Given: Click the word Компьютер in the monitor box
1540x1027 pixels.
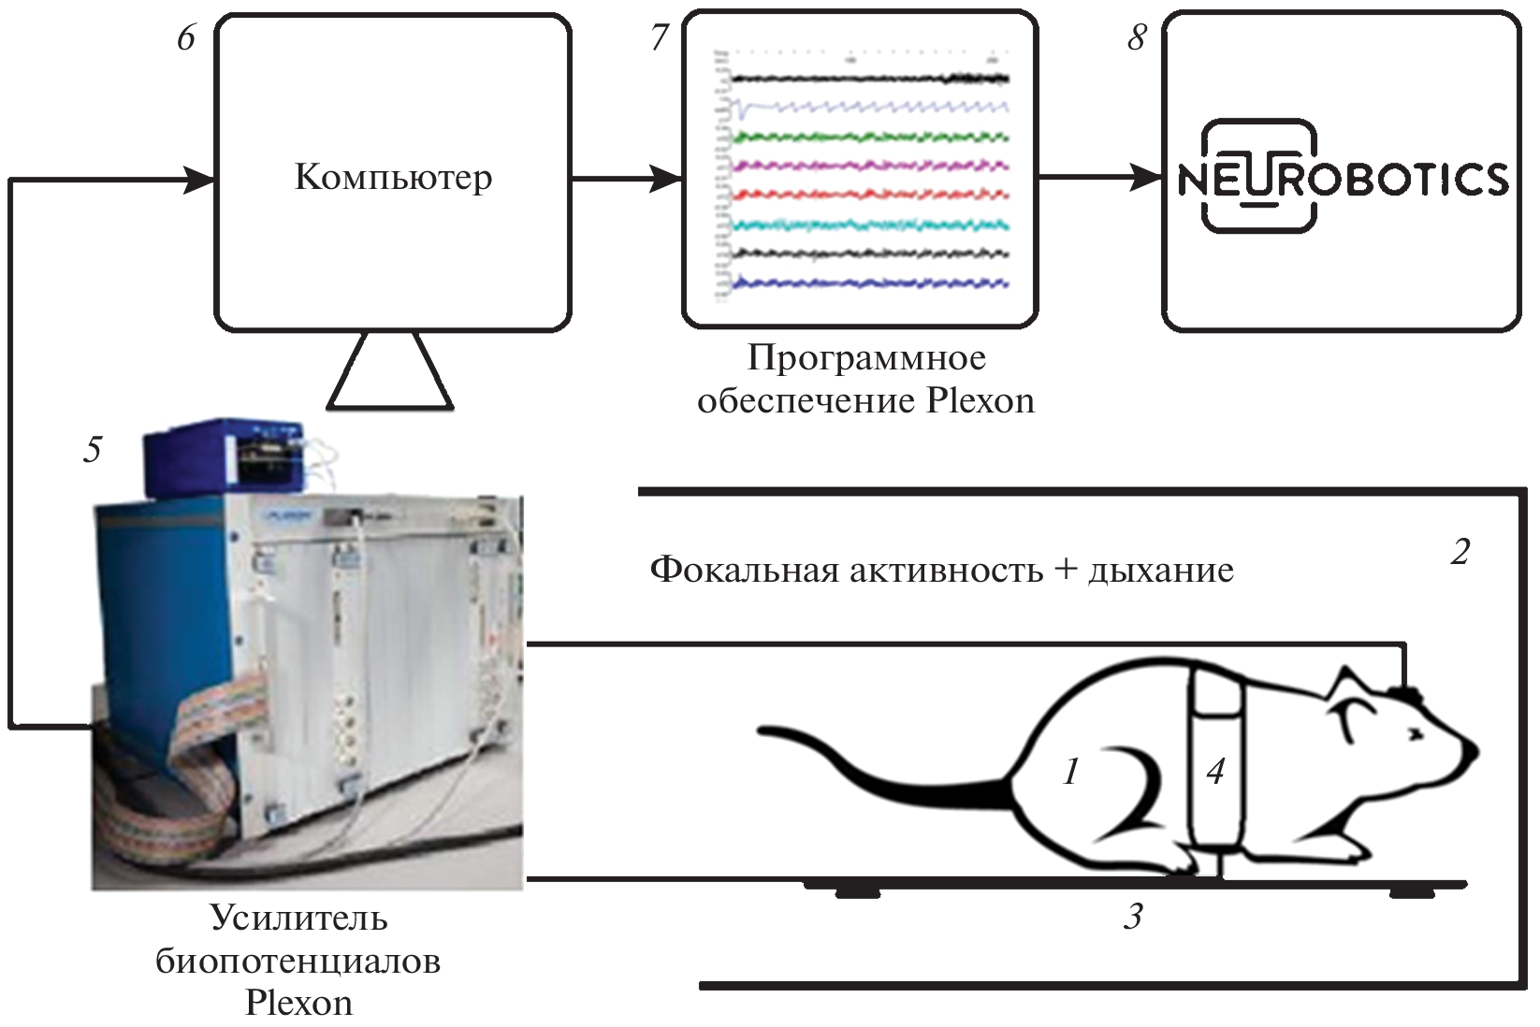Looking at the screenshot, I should pyautogui.click(x=393, y=177).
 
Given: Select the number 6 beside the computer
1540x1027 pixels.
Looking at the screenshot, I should pyautogui.click(x=186, y=38).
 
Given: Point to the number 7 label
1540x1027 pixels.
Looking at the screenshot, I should pyautogui.click(x=661, y=38).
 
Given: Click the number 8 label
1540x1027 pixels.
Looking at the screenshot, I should pyautogui.click(x=1137, y=38).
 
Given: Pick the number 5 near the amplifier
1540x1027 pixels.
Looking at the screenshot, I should pyautogui.click(x=92, y=450).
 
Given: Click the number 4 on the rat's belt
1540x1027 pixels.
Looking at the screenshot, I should pyautogui.click(x=1214, y=772).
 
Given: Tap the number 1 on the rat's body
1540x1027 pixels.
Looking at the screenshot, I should pyautogui.click(x=1070, y=772).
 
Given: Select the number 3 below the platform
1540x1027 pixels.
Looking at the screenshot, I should pyautogui.click(x=1133, y=918).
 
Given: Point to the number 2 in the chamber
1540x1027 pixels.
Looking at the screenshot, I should pyautogui.click(x=1460, y=552).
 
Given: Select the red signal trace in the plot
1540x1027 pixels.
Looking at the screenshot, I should pyautogui.click(x=870, y=195).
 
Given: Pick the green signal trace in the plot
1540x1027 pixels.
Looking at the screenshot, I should pyautogui.click(x=870, y=137).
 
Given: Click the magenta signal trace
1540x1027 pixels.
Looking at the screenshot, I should pyautogui.click(x=870, y=166).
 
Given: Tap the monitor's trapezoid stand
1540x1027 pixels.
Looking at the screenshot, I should pyautogui.click(x=390, y=372).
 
